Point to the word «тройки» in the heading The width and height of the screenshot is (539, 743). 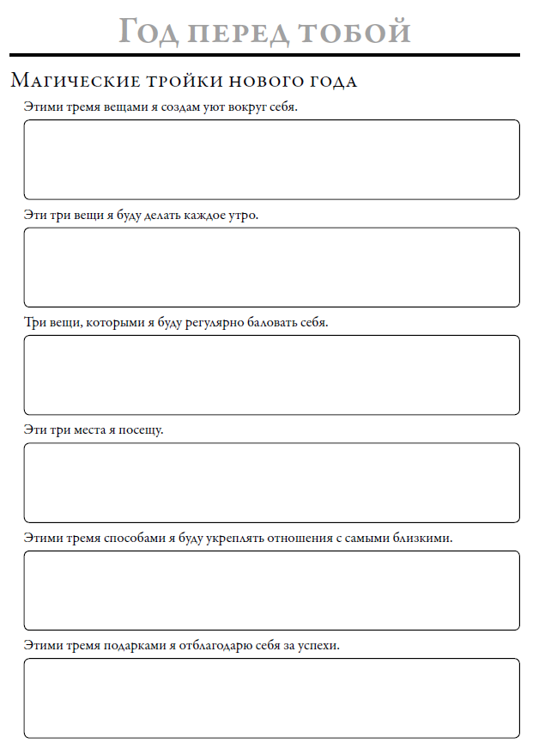point(185,82)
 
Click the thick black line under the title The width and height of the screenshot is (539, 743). point(266,55)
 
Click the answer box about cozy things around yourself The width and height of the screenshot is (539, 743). point(271,160)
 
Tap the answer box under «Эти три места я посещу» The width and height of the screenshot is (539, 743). point(271,483)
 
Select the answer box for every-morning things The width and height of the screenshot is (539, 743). point(271,267)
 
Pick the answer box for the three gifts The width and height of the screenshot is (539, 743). point(271,697)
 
